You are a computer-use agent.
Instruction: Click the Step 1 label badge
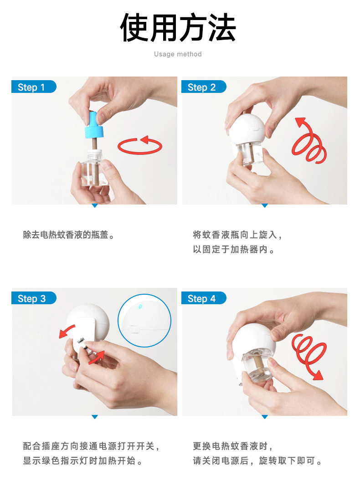tap(34, 87)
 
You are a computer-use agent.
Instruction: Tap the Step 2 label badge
tap(204, 87)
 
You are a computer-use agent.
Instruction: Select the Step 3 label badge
tap(34, 298)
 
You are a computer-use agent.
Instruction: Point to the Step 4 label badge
tap(204, 298)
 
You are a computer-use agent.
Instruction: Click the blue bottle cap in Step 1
tap(94, 126)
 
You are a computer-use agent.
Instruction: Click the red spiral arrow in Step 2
tap(309, 141)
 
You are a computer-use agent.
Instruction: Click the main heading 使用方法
tap(178, 28)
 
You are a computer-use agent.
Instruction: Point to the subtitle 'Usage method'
tap(178, 54)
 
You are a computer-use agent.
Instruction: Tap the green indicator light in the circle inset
tap(140, 307)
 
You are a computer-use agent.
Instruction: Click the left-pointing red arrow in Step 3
tap(67, 331)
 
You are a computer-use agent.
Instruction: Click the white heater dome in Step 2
tap(247, 128)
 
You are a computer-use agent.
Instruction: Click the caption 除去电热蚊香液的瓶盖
tap(69, 235)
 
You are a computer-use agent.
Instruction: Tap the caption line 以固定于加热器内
tap(234, 250)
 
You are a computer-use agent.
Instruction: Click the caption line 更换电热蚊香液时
tap(233, 446)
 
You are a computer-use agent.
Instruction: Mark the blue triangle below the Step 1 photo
tap(95, 206)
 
